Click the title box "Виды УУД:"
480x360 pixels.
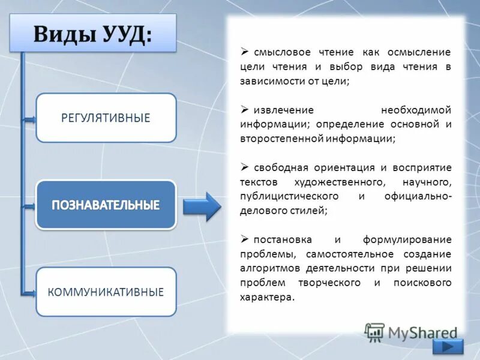point(93,33)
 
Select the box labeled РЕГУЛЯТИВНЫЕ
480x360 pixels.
point(106,118)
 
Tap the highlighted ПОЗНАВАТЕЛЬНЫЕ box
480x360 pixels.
point(106,205)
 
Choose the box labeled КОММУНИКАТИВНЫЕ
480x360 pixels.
point(106,292)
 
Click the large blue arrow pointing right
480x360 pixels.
point(202,206)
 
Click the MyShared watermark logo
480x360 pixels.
point(411,332)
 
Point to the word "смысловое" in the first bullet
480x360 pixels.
point(278,53)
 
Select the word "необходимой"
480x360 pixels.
point(416,110)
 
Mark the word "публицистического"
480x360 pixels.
point(289,196)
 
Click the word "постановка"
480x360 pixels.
point(278,239)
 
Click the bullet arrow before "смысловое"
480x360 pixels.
point(244,53)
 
